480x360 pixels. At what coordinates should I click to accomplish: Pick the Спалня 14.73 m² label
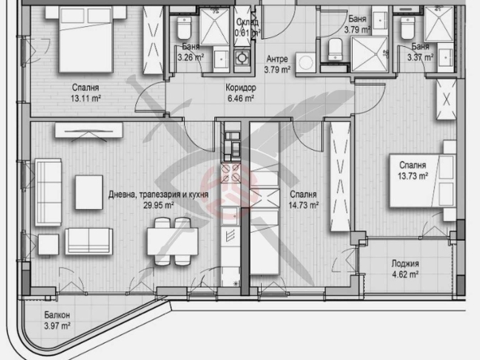tap(302, 200)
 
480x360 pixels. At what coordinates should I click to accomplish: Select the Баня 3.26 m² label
tap(191, 52)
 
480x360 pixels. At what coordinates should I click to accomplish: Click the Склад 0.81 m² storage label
tap(246, 28)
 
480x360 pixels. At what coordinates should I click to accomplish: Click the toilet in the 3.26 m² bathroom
tap(184, 29)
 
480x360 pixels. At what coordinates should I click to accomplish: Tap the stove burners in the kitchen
tap(229, 175)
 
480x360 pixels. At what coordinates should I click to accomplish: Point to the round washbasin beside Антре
tap(306, 63)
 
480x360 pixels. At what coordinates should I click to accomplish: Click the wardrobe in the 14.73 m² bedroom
tap(336, 182)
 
